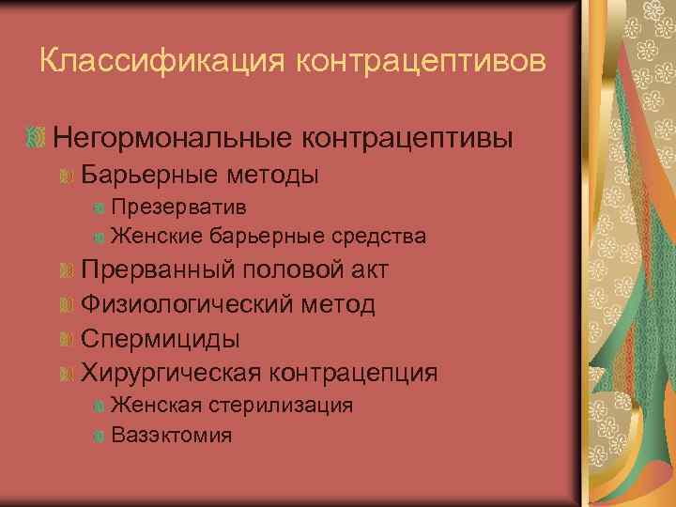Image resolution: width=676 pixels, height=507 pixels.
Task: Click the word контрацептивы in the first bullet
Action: tap(407, 138)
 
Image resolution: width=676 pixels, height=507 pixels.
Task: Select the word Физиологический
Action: tap(188, 304)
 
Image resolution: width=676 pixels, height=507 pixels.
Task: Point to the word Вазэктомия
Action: tap(172, 435)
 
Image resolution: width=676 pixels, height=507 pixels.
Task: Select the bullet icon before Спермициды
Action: tap(67, 339)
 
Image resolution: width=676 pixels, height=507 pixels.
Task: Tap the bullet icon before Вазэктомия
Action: tap(100, 436)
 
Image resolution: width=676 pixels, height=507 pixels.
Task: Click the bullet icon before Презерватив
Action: tap(100, 207)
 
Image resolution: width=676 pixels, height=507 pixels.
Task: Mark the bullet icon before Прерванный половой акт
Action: tap(67, 271)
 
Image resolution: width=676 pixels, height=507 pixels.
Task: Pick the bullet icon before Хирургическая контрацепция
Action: tap(67, 374)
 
